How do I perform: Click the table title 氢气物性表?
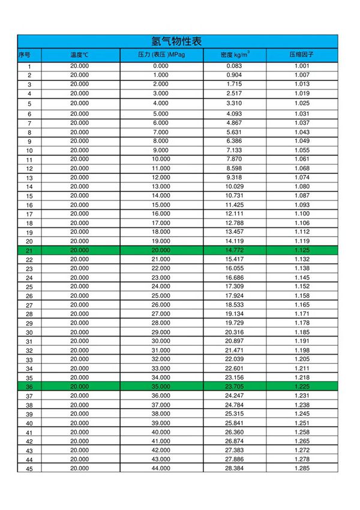pyautogui.click(x=176, y=41)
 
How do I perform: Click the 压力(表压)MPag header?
pyautogui.click(x=161, y=55)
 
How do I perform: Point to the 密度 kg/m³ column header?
pyautogui.click(x=235, y=55)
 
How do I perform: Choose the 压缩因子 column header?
pyautogui.click(x=302, y=55)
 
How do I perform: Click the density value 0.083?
pyautogui.click(x=235, y=66)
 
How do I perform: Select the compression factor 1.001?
pyautogui.click(x=302, y=66)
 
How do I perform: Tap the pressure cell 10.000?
pyautogui.click(x=161, y=159)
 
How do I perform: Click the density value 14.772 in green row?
pyautogui.click(x=235, y=250)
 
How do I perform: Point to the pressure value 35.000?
pyautogui.click(x=161, y=387)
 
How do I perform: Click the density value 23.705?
pyautogui.click(x=235, y=387)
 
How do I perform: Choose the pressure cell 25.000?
pyautogui.click(x=161, y=296)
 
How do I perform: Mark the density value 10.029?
pyautogui.click(x=235, y=187)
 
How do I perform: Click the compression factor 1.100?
pyautogui.click(x=302, y=214)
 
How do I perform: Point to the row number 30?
pyautogui.click(x=29, y=332)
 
